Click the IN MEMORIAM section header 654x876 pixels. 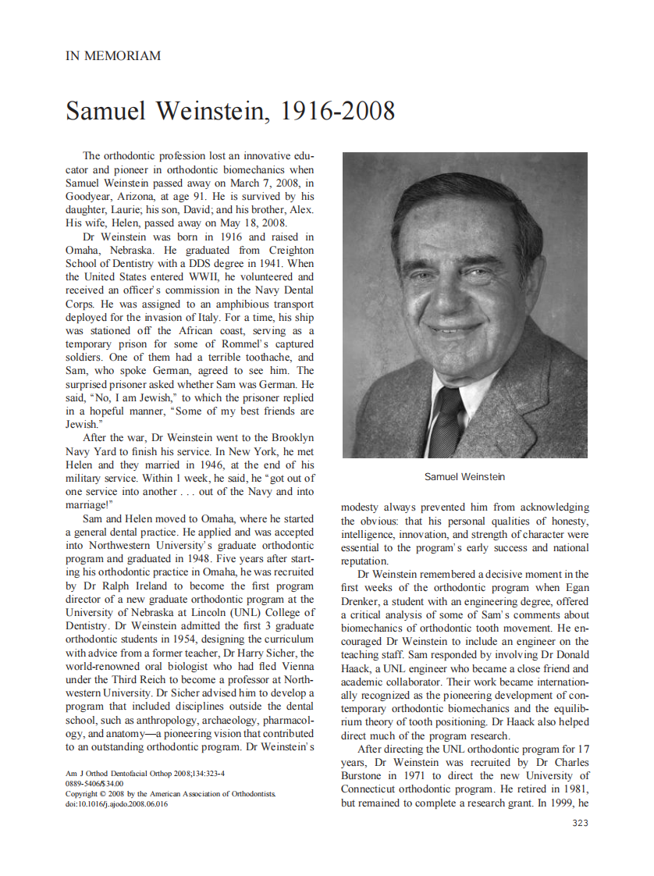[113, 56]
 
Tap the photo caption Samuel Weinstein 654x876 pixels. [464, 476]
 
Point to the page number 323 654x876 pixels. [580, 823]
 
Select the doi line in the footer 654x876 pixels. [116, 803]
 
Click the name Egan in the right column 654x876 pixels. [575, 588]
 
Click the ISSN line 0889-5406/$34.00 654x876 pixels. [94, 783]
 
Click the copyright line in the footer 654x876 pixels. [170, 793]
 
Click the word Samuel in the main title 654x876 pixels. [106, 112]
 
